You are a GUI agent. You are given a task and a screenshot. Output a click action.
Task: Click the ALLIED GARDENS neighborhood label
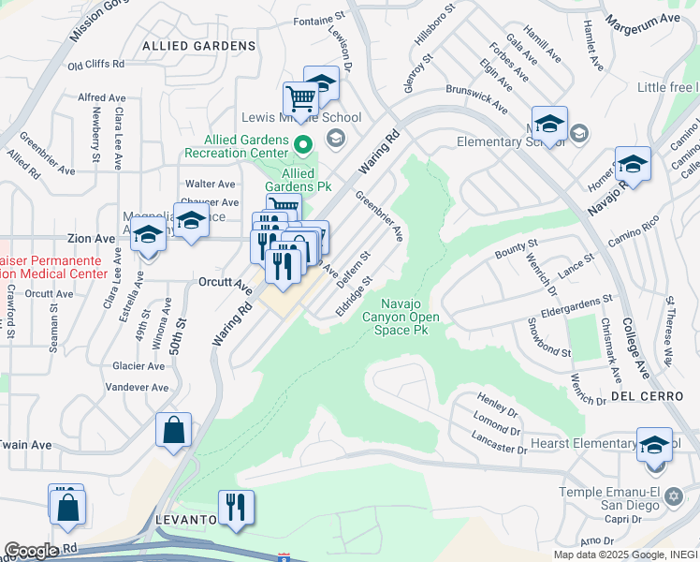click(x=199, y=45)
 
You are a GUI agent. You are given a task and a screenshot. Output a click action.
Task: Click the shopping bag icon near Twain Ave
click(x=173, y=431)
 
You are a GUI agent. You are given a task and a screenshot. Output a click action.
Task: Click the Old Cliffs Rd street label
click(x=95, y=65)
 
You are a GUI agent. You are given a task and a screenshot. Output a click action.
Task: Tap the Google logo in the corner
click(x=31, y=551)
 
